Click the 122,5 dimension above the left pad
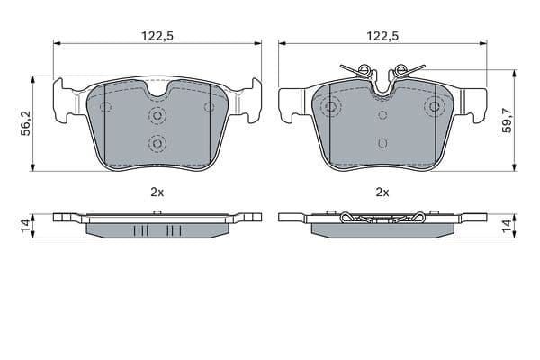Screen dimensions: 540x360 (157, 36)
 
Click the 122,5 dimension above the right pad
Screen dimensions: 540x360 (382, 36)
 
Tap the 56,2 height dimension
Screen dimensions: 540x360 (25, 123)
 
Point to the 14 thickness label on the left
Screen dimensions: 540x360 (25, 226)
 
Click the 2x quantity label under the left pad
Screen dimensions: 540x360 (157, 193)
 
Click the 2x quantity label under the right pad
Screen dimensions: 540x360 (382, 193)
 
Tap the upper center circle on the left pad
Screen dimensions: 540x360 (157, 114)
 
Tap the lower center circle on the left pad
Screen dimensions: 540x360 (157, 143)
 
